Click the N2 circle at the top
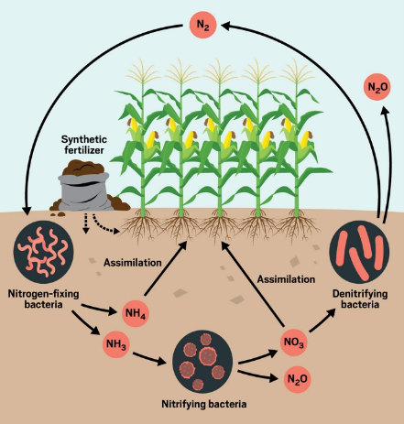pyautogui.click(x=203, y=25)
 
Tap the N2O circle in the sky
pyautogui.click(x=377, y=87)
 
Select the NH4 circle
pyautogui.click(x=136, y=313)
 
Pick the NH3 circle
pyautogui.click(x=116, y=344)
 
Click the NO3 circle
pyautogui.click(x=294, y=342)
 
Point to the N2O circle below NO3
pyautogui.click(x=297, y=379)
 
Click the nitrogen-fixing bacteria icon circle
pyautogui.click(x=43, y=252)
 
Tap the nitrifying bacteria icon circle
pyautogui.click(x=202, y=362)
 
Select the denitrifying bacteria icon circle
pyautogui.click(x=359, y=252)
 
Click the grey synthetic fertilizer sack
pyautogui.click(x=84, y=190)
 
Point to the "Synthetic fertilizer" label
pyautogui.click(x=84, y=145)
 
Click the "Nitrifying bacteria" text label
pyautogui.click(x=204, y=404)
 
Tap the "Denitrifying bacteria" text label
pyautogui.click(x=360, y=299)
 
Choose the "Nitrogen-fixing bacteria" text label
pyautogui.click(x=43, y=299)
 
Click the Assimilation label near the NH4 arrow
pyautogui.click(x=133, y=263)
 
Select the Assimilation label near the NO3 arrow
pyautogui.click(x=286, y=279)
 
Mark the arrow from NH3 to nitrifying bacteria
pyautogui.click(x=149, y=359)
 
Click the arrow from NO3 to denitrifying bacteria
pyautogui.click(x=322, y=321)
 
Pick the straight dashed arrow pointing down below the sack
pyautogui.click(x=86, y=223)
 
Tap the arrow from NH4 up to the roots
pyautogui.click(x=165, y=268)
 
